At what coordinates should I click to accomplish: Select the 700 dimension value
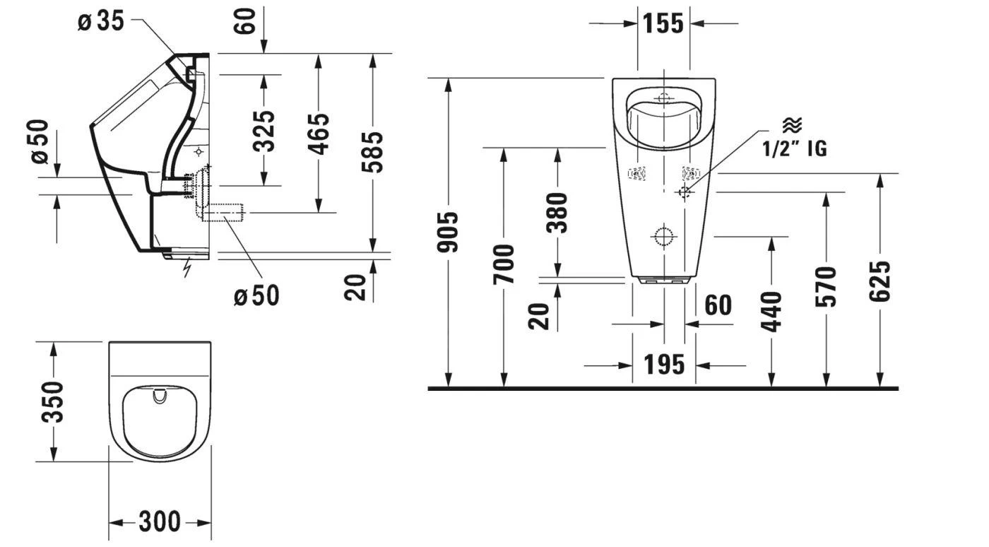(504, 264)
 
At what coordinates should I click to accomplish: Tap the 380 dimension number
(557, 212)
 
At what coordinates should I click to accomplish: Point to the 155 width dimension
(663, 23)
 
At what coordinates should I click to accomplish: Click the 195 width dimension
(664, 365)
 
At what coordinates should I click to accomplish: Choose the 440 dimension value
(772, 311)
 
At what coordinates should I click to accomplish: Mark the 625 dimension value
(881, 281)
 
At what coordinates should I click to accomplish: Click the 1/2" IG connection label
(794, 148)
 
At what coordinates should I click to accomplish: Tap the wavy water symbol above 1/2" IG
(792, 126)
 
